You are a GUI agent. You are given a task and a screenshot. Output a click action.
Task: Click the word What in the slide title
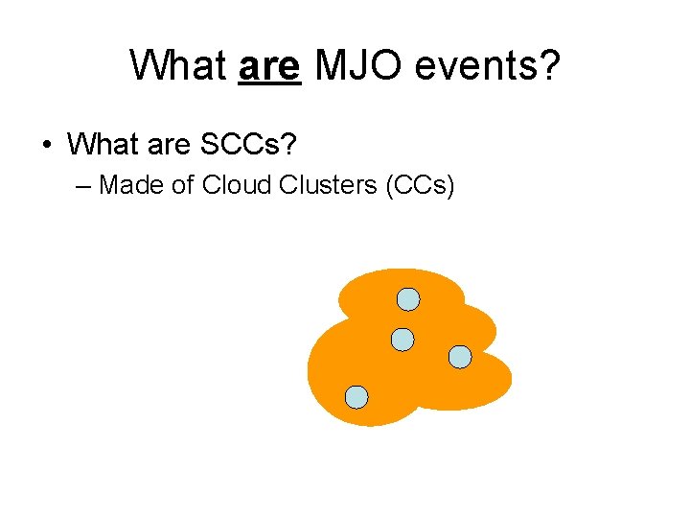click(x=177, y=66)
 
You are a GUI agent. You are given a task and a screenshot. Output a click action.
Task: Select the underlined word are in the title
click(x=269, y=66)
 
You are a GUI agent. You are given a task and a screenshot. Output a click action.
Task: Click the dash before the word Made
click(x=83, y=184)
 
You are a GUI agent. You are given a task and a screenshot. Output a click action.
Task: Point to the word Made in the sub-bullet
click(x=131, y=184)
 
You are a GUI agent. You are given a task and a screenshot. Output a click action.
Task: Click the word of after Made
click(x=183, y=184)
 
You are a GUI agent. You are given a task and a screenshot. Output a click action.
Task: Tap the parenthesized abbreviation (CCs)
click(x=419, y=184)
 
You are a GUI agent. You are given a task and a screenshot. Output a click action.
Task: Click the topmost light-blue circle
click(x=408, y=299)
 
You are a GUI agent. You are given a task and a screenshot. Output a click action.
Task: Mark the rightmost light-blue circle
click(x=460, y=357)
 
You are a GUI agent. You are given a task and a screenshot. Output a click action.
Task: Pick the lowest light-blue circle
click(x=356, y=397)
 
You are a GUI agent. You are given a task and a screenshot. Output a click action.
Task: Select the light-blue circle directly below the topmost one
click(x=403, y=339)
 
